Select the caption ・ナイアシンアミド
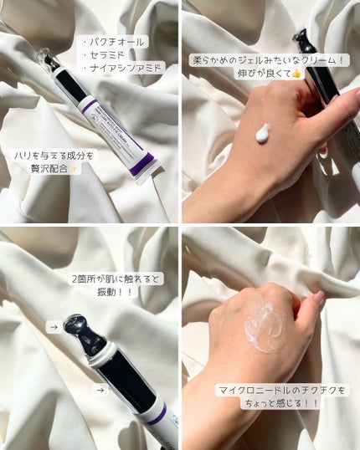pyautogui.click(x=123, y=67)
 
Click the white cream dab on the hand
pyautogui.click(x=263, y=132)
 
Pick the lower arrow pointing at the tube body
pyautogui.click(x=100, y=389)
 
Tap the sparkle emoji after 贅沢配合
pyautogui.click(x=75, y=169)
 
